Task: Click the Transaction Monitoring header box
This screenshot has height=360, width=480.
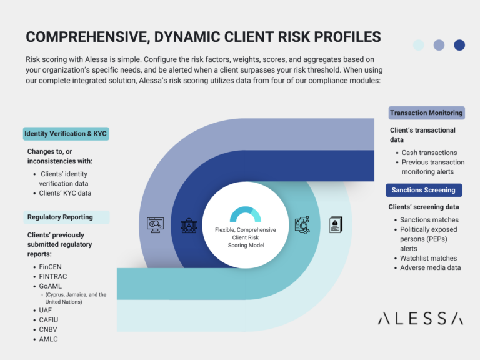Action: click(426, 113)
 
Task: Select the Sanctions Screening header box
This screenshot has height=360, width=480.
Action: click(424, 190)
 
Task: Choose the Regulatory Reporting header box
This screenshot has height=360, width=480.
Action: click(60, 217)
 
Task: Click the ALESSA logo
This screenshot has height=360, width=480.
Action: click(421, 319)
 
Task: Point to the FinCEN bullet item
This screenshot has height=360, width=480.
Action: click(51, 267)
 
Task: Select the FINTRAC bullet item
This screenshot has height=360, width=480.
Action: click(52, 276)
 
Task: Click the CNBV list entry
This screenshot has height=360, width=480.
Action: click(49, 329)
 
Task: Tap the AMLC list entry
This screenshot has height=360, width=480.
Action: click(49, 339)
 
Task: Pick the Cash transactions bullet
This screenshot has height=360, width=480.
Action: click(429, 152)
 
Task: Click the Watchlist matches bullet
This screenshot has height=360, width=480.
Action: click(429, 258)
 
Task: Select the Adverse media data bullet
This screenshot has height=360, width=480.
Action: click(431, 267)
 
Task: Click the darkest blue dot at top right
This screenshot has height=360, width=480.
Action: click(459, 45)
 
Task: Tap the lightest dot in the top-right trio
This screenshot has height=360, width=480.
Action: click(418, 45)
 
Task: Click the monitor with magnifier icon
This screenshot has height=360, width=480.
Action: click(154, 225)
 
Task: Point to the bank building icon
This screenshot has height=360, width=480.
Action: click(189, 225)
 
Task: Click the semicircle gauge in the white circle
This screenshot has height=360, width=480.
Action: click(245, 215)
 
